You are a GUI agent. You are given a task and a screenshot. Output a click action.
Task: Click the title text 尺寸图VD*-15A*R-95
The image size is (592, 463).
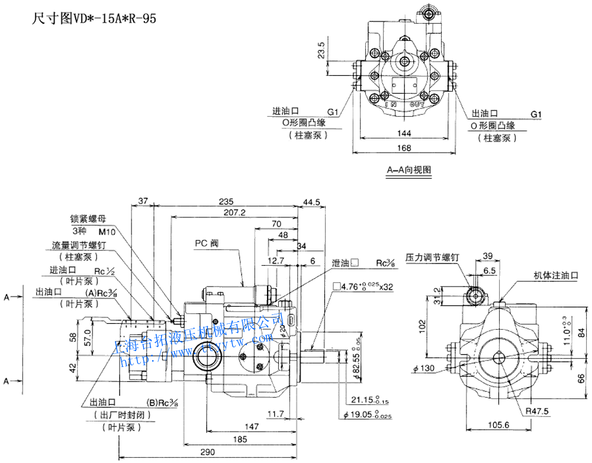pyautogui.click(x=93, y=18)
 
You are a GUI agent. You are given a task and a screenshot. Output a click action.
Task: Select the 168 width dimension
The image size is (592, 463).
pyautogui.click(x=404, y=147)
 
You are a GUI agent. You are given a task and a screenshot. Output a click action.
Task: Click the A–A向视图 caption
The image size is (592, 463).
pyautogui.click(x=409, y=171)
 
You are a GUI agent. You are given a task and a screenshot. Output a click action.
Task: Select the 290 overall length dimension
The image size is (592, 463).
pyautogui.click(x=207, y=452)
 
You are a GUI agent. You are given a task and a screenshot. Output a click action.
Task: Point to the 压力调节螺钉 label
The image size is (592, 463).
pyautogui.click(x=432, y=258)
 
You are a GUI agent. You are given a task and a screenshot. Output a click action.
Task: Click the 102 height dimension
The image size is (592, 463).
pyautogui.click(x=422, y=324)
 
